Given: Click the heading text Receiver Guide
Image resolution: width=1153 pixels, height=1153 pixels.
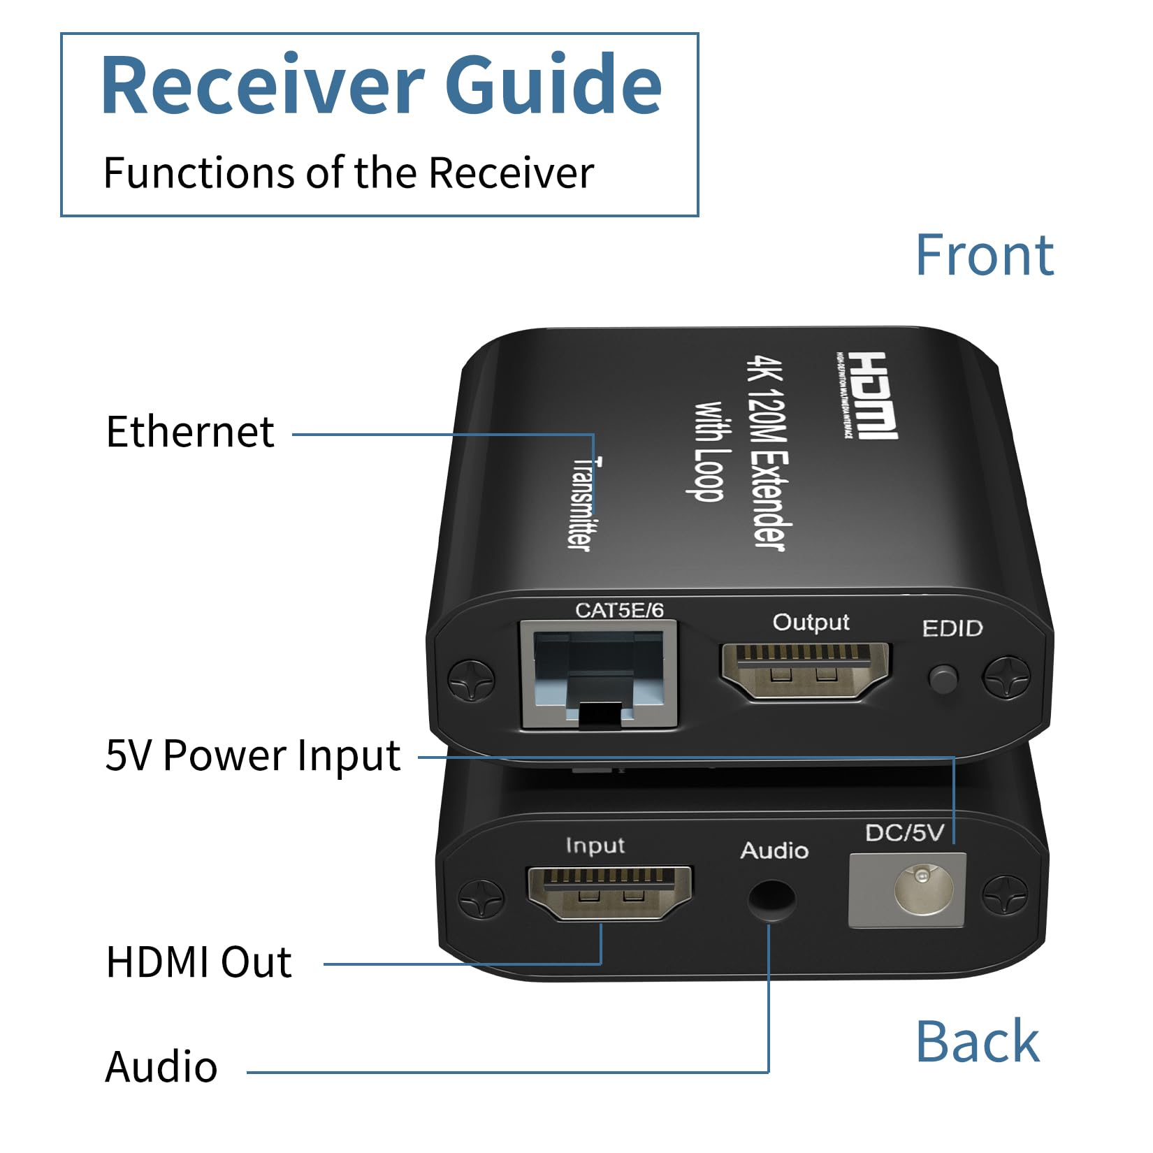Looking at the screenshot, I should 381,85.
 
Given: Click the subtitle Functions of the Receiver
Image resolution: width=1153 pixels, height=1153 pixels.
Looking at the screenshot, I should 348,173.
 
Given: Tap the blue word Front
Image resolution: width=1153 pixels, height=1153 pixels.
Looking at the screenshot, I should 984,255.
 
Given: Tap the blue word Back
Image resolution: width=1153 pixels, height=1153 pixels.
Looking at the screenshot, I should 977,1041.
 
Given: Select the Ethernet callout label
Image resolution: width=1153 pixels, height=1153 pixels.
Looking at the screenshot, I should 189,432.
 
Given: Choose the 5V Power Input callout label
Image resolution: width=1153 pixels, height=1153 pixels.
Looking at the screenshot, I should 252,755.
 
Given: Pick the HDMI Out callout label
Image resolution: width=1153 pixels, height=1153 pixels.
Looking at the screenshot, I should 198,962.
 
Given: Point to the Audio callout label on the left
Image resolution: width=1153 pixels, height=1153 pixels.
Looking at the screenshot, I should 161,1067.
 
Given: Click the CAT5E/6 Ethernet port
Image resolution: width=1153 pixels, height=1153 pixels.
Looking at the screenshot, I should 599,676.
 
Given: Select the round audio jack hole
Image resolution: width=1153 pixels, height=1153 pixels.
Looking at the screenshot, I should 771,901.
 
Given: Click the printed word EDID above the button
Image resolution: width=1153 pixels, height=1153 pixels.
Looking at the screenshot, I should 952,628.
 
